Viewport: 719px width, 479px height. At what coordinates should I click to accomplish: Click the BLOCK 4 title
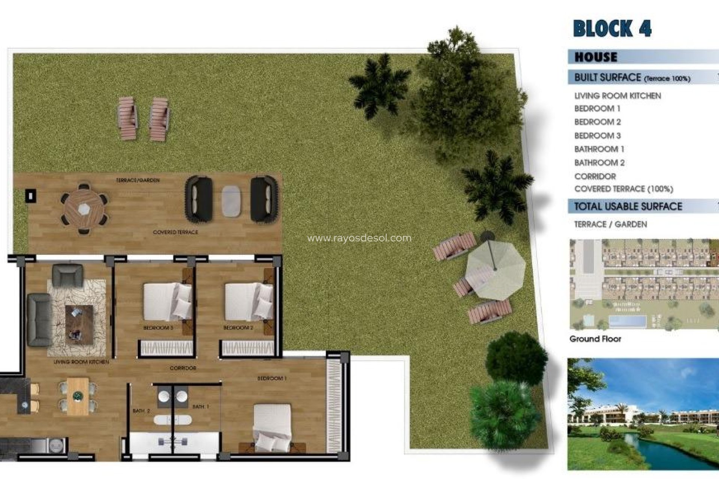point(612,29)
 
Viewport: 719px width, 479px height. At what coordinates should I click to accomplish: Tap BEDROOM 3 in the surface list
point(597,135)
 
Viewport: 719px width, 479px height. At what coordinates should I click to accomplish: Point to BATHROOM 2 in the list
point(599,163)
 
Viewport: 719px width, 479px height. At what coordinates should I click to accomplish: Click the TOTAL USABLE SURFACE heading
point(628,206)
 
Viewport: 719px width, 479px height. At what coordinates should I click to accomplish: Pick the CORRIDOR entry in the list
point(595,176)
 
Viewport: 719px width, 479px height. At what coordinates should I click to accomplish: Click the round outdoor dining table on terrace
point(84,208)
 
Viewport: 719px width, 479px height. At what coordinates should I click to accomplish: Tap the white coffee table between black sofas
point(231,201)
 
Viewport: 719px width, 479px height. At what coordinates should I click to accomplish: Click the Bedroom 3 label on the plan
point(158,328)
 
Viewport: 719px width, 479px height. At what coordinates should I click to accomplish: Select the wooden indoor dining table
point(78,396)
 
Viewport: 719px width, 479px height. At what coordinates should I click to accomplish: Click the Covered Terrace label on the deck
point(175,232)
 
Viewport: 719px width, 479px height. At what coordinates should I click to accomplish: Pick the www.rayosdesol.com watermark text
point(359,238)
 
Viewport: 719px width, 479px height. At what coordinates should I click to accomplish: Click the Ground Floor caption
point(595,339)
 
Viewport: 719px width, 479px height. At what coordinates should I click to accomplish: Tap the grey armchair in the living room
point(67,275)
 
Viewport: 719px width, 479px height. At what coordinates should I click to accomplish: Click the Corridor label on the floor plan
point(183,368)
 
